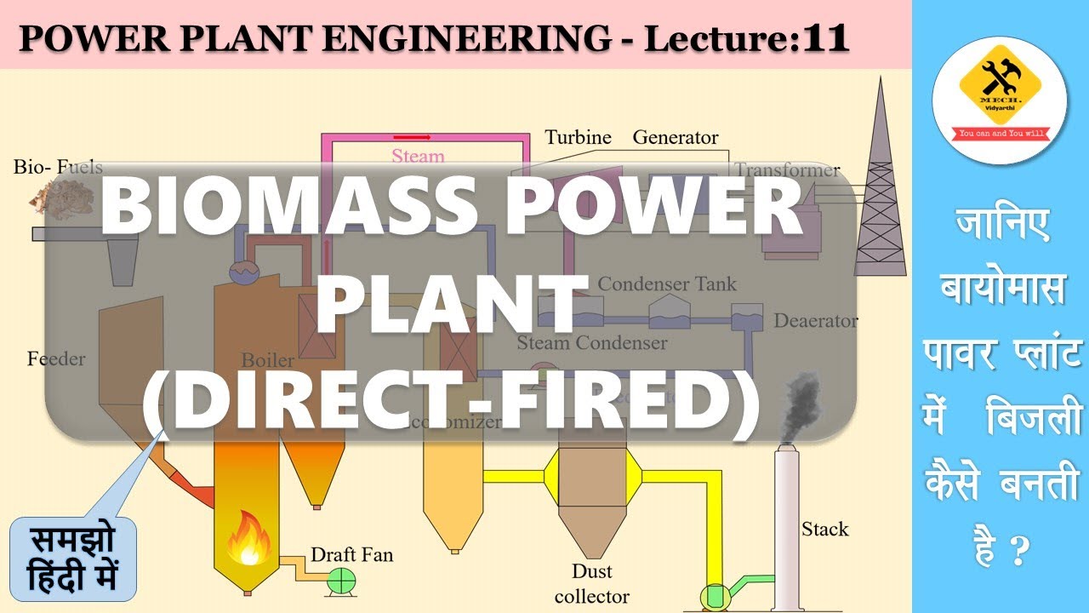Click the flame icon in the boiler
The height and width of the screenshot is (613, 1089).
pyautogui.click(x=248, y=537)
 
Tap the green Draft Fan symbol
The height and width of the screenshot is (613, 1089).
pyautogui.click(x=343, y=580)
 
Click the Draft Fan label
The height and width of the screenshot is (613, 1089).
pyautogui.click(x=351, y=555)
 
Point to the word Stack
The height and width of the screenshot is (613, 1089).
pyautogui.click(x=824, y=530)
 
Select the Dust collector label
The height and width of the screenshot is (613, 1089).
pyautogui.click(x=591, y=583)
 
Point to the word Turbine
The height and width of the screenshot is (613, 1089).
pyautogui.click(x=578, y=137)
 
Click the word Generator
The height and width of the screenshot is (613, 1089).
pyautogui.click(x=676, y=137)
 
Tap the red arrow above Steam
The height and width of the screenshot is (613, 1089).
pyautogui.click(x=412, y=136)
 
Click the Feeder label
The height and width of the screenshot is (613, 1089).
pyautogui.click(x=56, y=358)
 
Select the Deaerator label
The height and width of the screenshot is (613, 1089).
pyautogui.click(x=815, y=321)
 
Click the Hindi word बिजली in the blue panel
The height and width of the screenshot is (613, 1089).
pyautogui.click(x=1033, y=419)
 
